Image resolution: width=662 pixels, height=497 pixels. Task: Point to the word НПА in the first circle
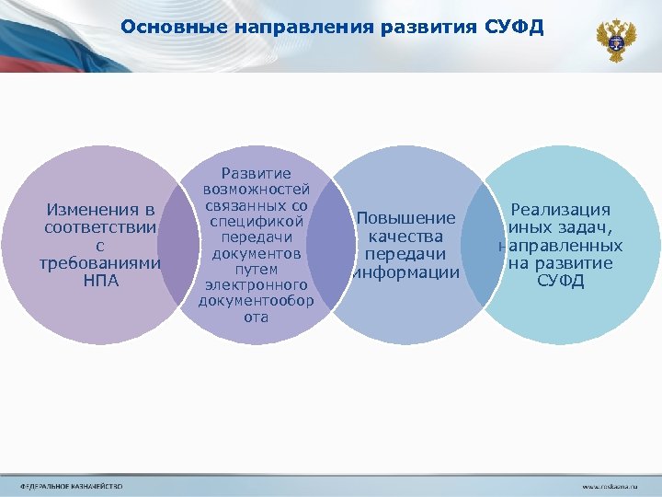tap(101, 280)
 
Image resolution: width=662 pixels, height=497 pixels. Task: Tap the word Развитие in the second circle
tap(257, 173)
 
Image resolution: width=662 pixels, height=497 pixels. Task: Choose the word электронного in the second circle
tap(257, 285)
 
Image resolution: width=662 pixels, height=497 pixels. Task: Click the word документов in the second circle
tap(257, 253)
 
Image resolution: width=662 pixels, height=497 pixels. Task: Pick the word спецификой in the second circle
tap(257, 221)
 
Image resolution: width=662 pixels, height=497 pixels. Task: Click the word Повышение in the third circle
tap(405, 219)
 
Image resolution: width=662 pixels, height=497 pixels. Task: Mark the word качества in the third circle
tap(405, 237)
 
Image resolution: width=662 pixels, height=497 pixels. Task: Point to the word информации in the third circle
tap(407, 272)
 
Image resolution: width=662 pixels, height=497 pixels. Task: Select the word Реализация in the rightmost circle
tap(561, 211)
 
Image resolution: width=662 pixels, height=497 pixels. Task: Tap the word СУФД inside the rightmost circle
tap(561, 280)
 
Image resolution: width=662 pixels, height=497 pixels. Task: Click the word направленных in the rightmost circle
tap(561, 246)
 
